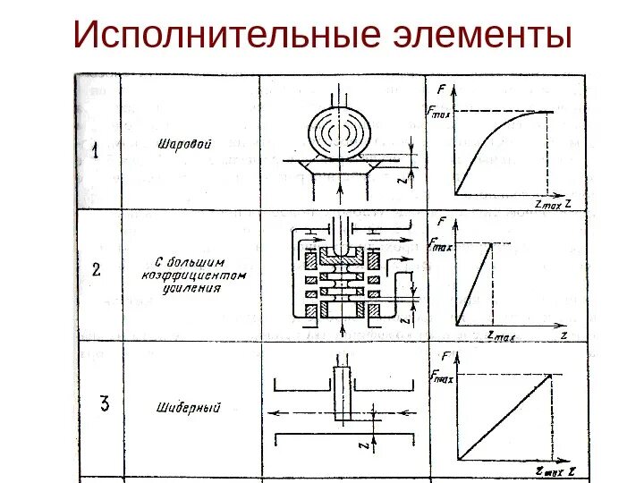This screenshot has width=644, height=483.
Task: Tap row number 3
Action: click(104, 404)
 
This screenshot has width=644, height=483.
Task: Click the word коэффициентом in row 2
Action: click(191, 276)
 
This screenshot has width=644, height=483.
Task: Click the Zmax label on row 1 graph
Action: click(547, 205)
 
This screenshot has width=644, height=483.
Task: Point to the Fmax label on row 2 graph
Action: click(440, 241)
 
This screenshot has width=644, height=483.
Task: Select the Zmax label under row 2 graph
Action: click(504, 335)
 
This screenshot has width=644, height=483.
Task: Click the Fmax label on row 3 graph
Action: click(442, 377)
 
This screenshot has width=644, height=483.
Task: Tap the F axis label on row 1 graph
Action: click(443, 89)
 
